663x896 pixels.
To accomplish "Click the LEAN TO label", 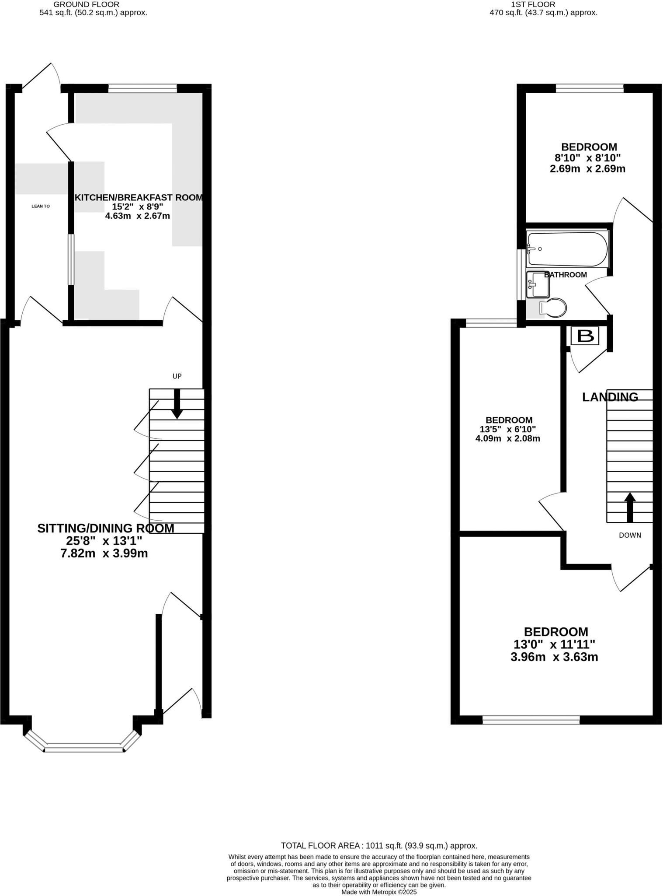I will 41,206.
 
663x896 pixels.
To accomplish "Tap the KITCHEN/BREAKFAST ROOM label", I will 139,197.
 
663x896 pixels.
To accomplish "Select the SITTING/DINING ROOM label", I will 106,528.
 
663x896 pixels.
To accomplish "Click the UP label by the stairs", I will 177,376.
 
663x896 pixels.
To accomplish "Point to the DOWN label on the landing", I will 630,535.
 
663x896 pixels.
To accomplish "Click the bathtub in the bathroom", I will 567,249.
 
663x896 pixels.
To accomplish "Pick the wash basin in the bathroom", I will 538,285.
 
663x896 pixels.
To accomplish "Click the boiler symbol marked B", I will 585,336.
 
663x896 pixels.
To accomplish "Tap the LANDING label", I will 610,397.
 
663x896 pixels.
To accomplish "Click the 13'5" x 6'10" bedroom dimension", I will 508,429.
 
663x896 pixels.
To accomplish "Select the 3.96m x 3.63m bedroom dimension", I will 554,657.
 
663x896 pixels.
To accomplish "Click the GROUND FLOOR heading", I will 86,4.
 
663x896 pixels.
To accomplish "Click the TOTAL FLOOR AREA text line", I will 379,846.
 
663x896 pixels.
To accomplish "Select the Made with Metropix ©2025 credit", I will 379,892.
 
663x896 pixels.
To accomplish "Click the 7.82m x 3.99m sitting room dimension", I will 104,553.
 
